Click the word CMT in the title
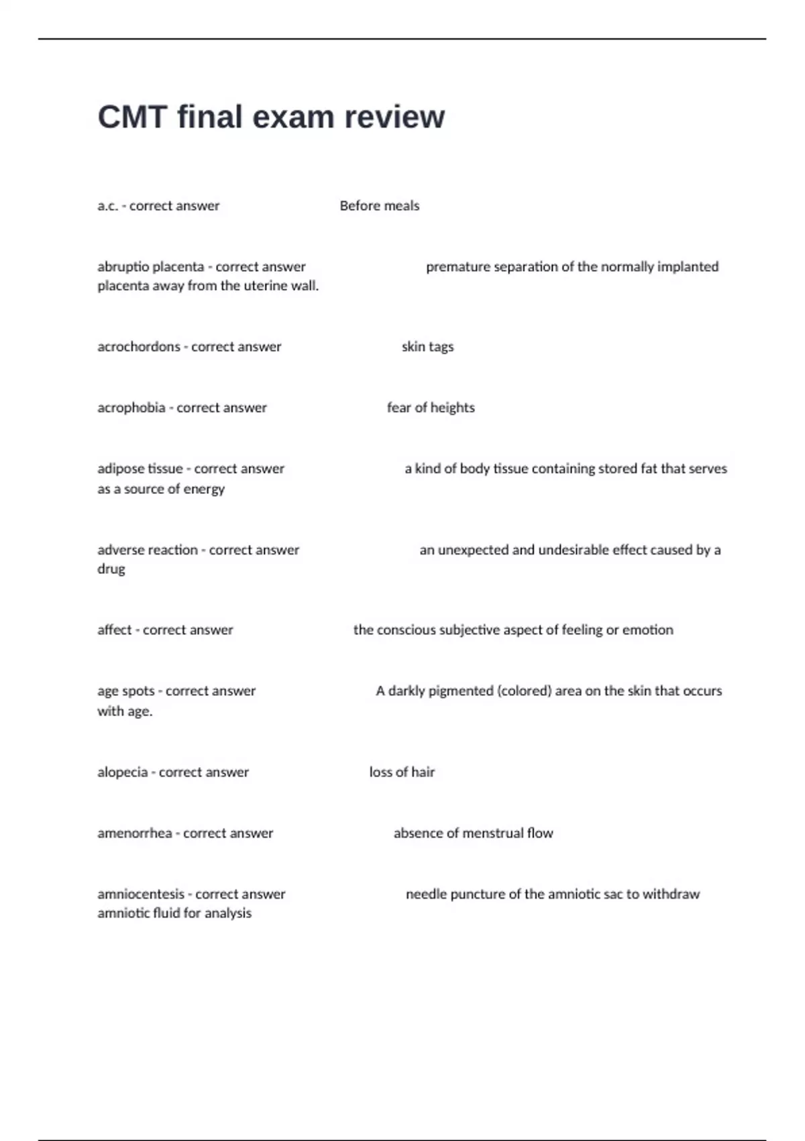coord(132,117)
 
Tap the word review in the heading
coord(394,117)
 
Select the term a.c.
coord(107,206)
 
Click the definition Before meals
coord(379,206)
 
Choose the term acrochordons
coord(138,347)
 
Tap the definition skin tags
coord(427,347)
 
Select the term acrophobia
coord(131,408)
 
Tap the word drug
coord(111,569)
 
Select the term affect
coord(114,630)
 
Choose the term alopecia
coord(122,773)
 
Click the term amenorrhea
coord(134,834)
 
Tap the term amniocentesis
coord(140,895)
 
